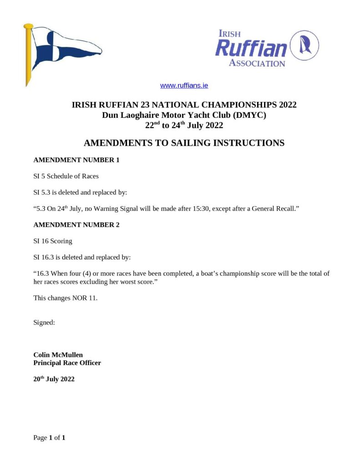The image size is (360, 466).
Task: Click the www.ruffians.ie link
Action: (184, 86)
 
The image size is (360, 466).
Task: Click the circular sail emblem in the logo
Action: (304, 46)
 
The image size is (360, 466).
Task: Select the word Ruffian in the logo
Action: (251, 48)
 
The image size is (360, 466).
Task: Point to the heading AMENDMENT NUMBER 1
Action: (76, 160)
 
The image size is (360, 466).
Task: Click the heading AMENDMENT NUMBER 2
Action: (76, 225)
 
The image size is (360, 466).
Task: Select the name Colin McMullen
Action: (58, 355)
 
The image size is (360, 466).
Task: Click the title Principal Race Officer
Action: (67, 363)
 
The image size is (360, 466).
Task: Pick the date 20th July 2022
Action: (54, 379)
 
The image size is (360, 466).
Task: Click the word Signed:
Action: (44, 322)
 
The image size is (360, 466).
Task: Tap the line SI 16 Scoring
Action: (53, 241)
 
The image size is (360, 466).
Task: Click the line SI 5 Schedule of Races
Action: (66, 176)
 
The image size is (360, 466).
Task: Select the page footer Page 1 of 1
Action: (49, 438)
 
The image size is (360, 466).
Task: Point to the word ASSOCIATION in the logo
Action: (257, 63)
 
